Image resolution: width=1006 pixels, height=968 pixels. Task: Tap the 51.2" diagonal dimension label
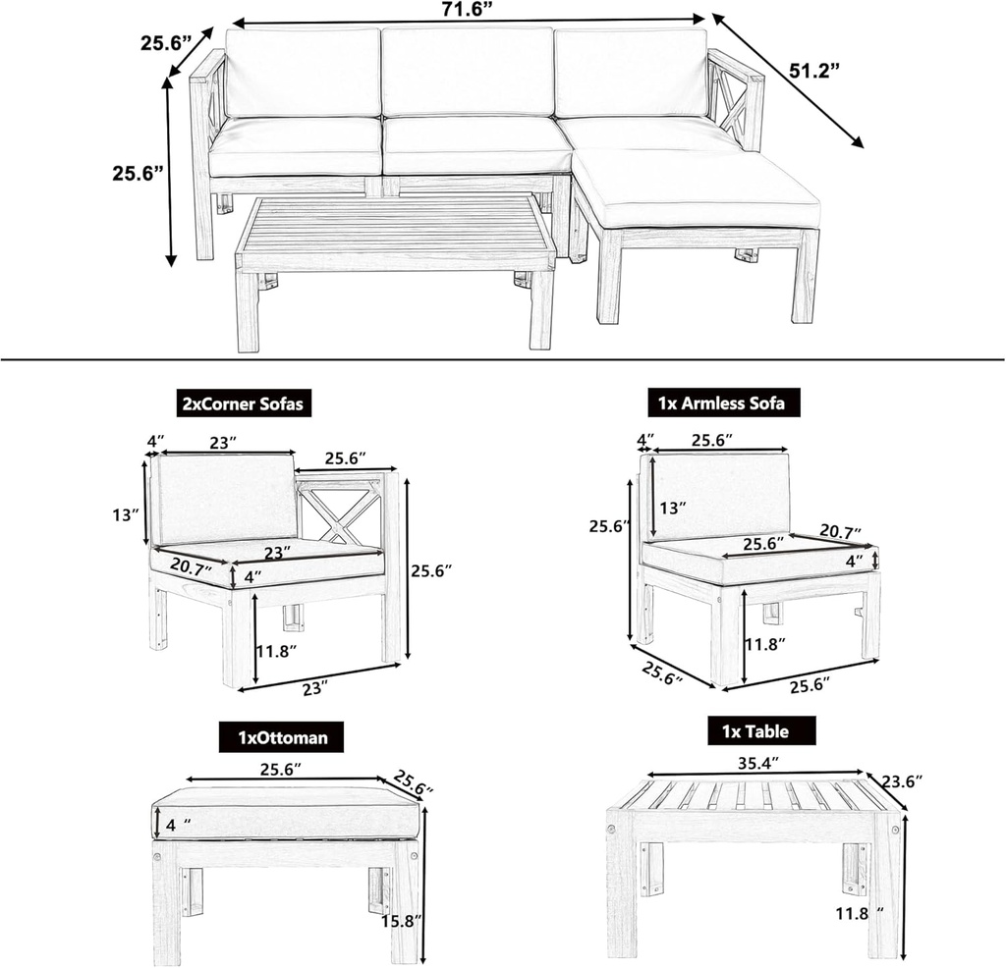coord(814,71)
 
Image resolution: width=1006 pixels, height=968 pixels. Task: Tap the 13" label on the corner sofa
coord(126,514)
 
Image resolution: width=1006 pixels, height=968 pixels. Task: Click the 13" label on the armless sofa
coord(672,508)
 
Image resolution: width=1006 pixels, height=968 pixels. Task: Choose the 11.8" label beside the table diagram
coord(854,912)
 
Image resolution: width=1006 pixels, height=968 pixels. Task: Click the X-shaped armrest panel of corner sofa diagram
coord(338,511)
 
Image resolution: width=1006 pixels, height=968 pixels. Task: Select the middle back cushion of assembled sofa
coord(468,72)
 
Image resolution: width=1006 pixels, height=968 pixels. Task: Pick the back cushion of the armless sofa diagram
coord(720,495)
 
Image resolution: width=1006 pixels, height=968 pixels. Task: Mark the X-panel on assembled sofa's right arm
coord(732,105)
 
